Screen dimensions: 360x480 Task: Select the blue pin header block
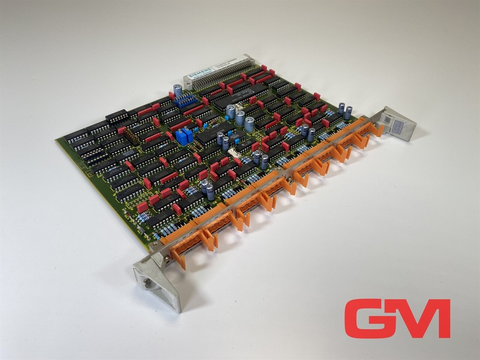tap(185, 100)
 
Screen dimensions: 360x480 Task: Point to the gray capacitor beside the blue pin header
tap(178, 90)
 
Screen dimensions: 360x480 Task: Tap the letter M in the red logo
tap(425, 318)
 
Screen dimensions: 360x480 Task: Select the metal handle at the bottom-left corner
tap(158, 281)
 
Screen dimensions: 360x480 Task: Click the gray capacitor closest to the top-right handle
tap(348, 113)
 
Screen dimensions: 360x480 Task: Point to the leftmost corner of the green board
tap(57, 139)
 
